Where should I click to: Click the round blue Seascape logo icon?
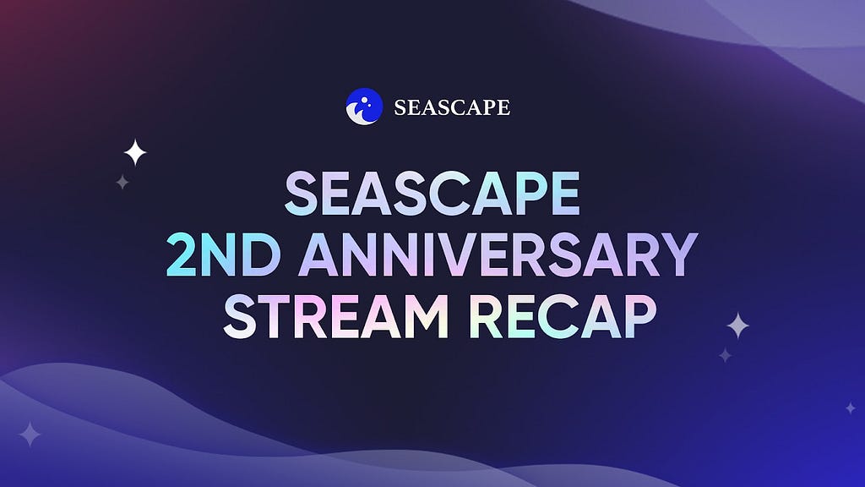point(364,107)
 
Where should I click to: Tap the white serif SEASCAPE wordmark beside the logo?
point(452,107)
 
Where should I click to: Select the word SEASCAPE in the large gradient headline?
point(432,193)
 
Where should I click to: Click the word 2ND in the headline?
point(223,254)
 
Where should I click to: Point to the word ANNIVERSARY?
point(498,254)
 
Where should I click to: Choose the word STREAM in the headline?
point(336,316)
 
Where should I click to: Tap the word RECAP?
point(563,316)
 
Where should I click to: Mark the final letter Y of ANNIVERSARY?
point(680,254)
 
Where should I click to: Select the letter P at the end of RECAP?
point(640,316)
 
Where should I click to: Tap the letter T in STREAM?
point(277,316)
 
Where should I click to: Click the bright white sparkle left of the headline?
point(135,152)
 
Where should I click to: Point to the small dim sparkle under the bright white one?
point(122,182)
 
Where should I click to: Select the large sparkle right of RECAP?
point(737,326)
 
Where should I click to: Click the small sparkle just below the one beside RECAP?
point(726,355)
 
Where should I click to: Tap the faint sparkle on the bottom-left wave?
point(30,434)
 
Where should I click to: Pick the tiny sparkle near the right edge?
point(851,408)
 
